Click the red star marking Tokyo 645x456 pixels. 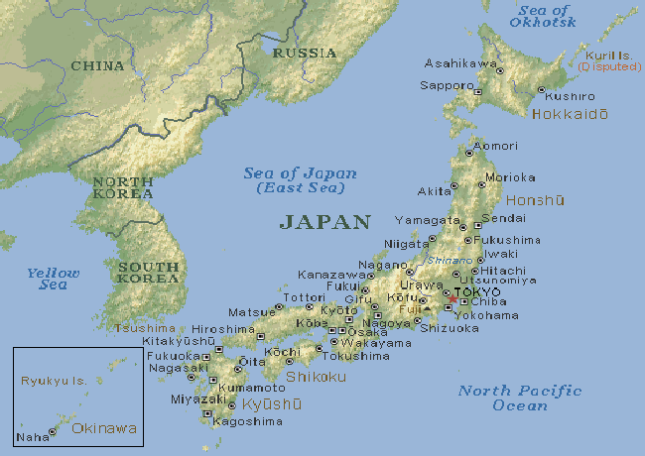pyautogui.click(x=452, y=298)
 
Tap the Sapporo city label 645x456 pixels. pyautogui.click(x=446, y=85)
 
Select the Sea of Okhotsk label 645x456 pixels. pyautogui.click(x=544, y=16)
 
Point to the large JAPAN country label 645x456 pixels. pyautogui.click(x=324, y=222)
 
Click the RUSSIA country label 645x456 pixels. pyautogui.click(x=304, y=52)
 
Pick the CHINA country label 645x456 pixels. pyautogui.click(x=97, y=66)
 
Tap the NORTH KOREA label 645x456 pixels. pyautogui.click(x=122, y=187)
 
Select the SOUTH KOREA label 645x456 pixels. pyautogui.click(x=148, y=272)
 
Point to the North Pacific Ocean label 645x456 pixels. pyautogui.click(x=519, y=398)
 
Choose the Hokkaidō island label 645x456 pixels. pyautogui.click(x=570, y=115)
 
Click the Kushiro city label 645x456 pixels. pyautogui.click(x=570, y=96)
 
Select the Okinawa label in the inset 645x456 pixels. pyautogui.click(x=104, y=428)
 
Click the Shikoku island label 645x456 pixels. pyautogui.click(x=316, y=377)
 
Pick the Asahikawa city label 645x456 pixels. pyautogui.click(x=459, y=62)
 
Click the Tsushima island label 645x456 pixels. pyautogui.click(x=145, y=328)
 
